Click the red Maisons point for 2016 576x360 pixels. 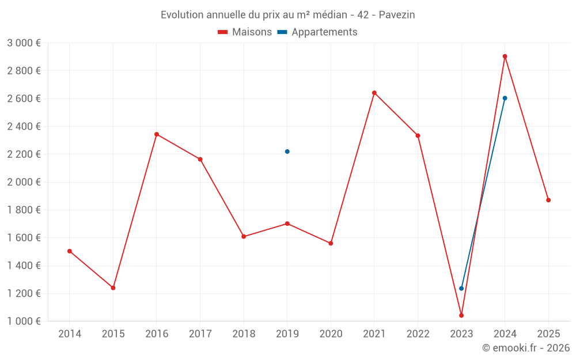tap(157, 134)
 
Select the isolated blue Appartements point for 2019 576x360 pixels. tap(287, 151)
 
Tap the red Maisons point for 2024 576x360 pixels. tap(505, 56)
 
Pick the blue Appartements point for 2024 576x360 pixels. tap(505, 98)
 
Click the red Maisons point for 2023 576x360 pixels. tap(461, 315)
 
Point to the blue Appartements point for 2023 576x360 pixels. tap(461, 288)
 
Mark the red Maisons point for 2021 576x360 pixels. tap(374, 93)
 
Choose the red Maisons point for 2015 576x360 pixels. tap(113, 287)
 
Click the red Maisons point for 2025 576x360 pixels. tap(548, 200)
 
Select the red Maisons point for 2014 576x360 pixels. tap(70, 251)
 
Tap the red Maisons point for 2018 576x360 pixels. tap(244, 236)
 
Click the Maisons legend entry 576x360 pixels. tap(245, 32)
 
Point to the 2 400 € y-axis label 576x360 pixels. tap(24, 126)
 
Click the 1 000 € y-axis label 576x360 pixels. tap(24, 321)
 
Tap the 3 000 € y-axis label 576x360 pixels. tap(24, 43)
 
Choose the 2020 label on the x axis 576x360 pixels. tap(331, 334)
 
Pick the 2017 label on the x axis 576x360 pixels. tap(200, 334)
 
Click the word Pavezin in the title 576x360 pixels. tap(397, 15)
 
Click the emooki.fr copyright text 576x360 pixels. tap(525, 348)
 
